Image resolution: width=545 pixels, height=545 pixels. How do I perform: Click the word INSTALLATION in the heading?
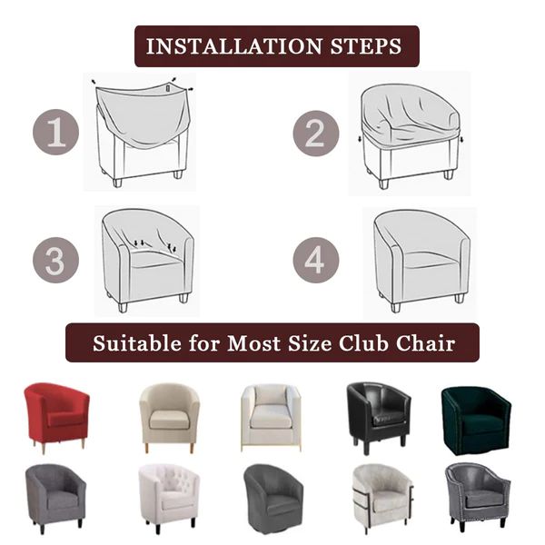pyautogui.click(x=233, y=46)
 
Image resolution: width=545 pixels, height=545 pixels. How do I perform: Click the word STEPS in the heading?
pyautogui.click(x=366, y=46)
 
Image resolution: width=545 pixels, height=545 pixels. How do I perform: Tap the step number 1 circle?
pyautogui.click(x=56, y=132)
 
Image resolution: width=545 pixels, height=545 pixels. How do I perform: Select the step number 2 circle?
pyautogui.click(x=315, y=134)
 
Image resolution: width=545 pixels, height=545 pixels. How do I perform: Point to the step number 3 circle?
pyautogui.click(x=56, y=260)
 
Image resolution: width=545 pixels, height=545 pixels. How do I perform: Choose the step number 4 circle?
pyautogui.click(x=315, y=260)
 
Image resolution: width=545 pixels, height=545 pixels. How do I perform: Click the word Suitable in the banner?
pyautogui.click(x=137, y=343)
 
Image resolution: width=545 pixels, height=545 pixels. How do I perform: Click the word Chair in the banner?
pyautogui.click(x=426, y=343)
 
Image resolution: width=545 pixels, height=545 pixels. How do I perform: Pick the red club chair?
pyautogui.click(x=56, y=417)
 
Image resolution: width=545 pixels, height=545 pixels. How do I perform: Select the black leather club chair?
pyautogui.click(x=379, y=417)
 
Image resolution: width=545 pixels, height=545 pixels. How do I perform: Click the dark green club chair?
pyautogui.click(x=477, y=421)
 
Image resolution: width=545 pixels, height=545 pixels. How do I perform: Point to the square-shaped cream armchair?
pyautogui.click(x=271, y=418)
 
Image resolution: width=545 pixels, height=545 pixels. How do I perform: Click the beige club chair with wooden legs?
pyautogui.click(x=169, y=417)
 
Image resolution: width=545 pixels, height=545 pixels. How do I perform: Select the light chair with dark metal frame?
pyautogui.click(x=383, y=499)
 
